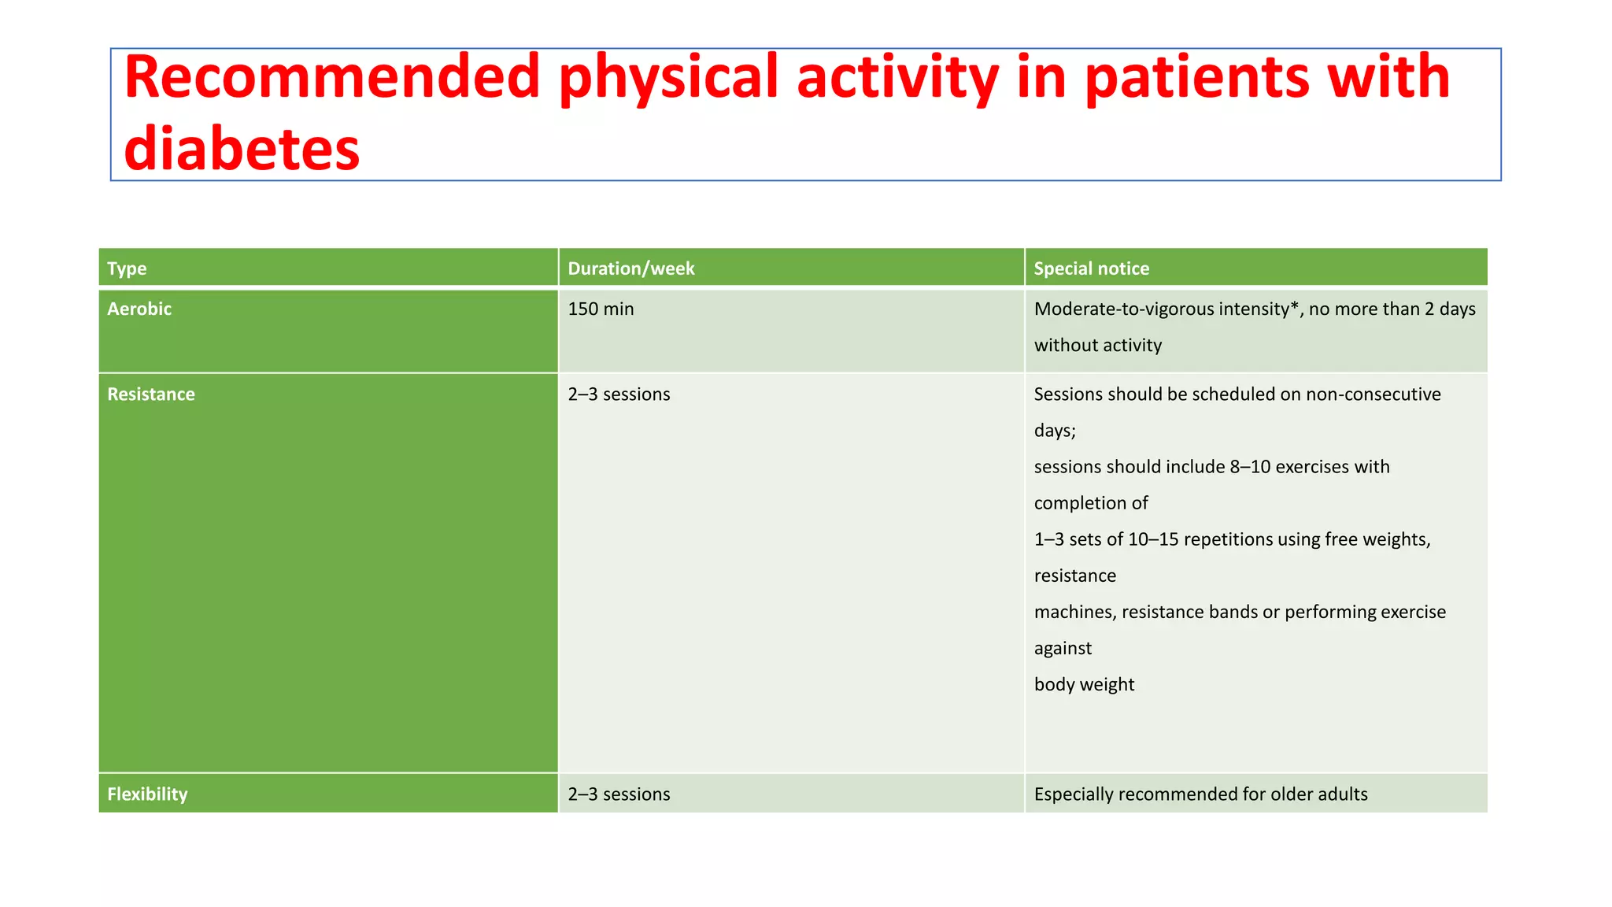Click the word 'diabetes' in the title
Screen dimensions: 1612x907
[242, 148]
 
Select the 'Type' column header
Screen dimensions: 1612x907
[127, 268]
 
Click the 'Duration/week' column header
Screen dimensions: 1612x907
[631, 268]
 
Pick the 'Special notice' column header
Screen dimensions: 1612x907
[1091, 268]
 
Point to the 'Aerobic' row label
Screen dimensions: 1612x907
[139, 309]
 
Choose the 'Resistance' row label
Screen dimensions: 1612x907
[151, 394]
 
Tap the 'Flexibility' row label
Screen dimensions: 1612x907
[147, 794]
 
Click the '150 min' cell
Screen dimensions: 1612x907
[601, 309]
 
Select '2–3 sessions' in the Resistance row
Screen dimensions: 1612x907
[619, 394]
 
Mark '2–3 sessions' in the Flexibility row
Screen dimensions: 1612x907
[619, 794]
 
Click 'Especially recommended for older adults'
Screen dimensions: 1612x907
[1200, 794]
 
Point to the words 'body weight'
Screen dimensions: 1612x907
[1084, 684]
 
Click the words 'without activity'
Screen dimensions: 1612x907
[1097, 345]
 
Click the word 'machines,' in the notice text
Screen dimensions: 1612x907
[1075, 612]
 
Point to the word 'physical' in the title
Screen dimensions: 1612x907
[668, 78]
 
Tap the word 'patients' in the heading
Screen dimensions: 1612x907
[1196, 78]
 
